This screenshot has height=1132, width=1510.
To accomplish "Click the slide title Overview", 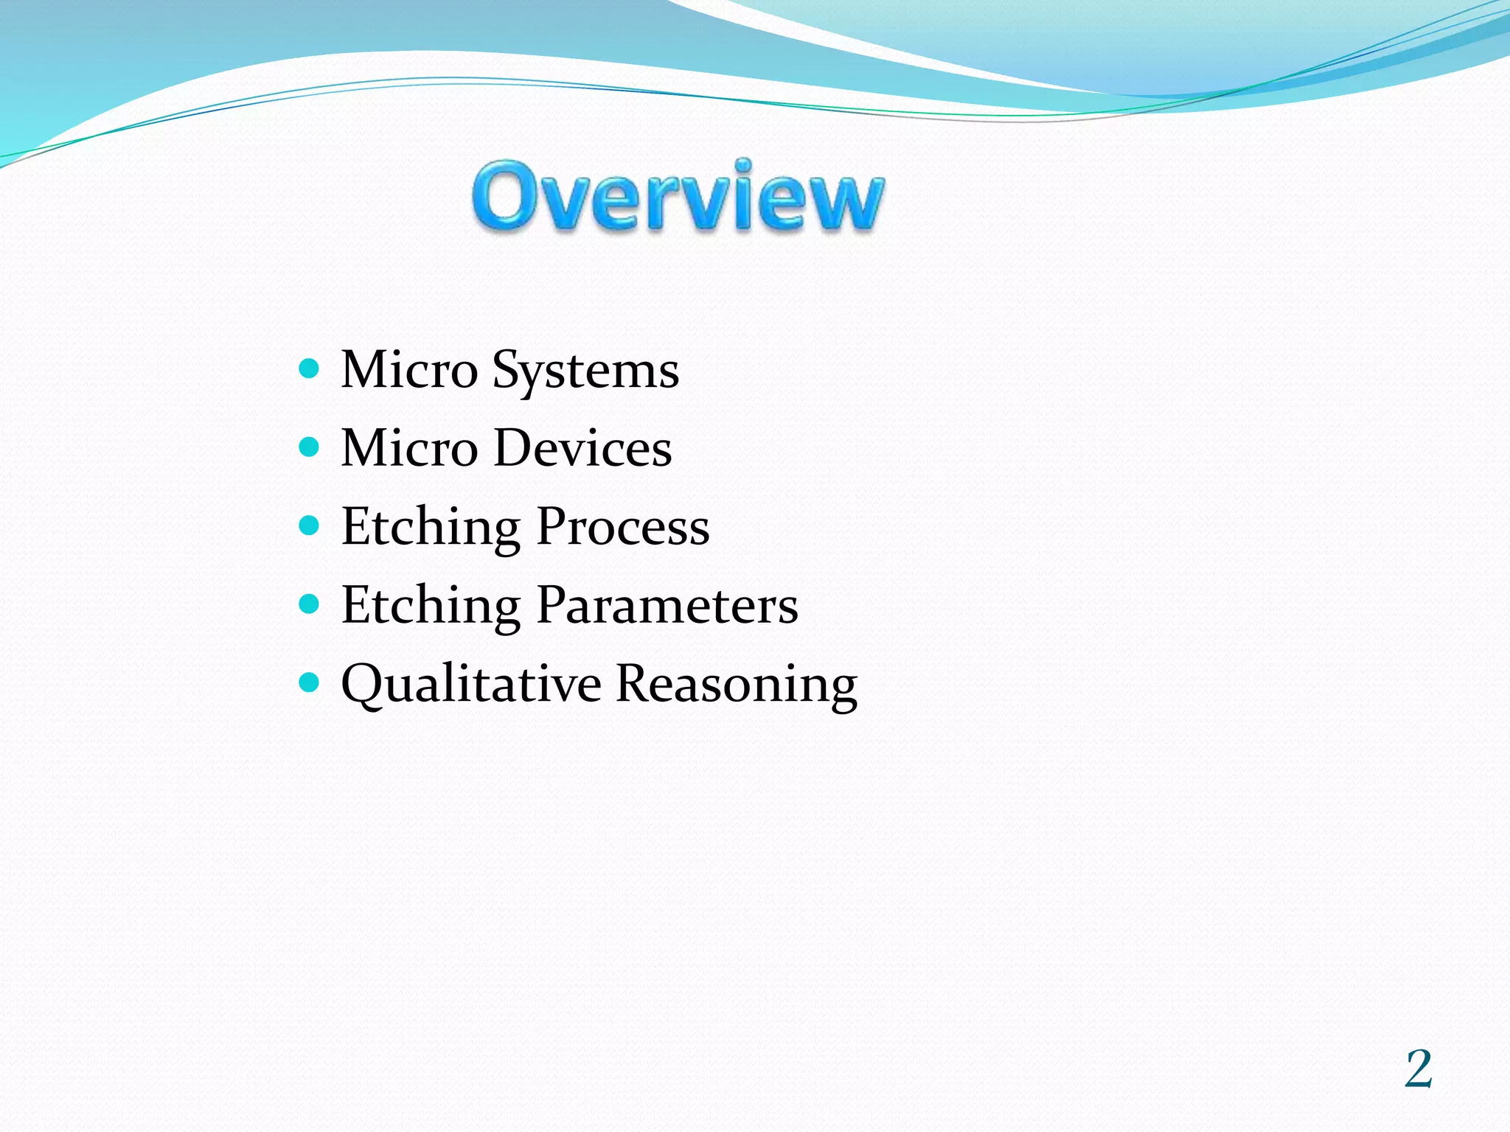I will [678, 198].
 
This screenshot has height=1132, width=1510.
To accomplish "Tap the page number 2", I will [1418, 1069].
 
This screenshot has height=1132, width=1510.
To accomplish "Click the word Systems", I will [585, 370].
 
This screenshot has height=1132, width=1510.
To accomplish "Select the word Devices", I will [582, 448].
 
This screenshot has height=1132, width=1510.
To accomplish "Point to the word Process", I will [623, 527].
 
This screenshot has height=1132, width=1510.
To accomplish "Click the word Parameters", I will [667, 605].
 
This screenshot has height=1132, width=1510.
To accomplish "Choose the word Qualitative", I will [471, 684].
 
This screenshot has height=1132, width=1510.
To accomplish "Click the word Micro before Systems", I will [409, 370].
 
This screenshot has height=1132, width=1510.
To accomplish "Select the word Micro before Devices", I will [409, 448].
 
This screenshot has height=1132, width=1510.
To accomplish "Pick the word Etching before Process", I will [431, 528].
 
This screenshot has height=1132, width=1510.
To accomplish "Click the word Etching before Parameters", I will [431, 607].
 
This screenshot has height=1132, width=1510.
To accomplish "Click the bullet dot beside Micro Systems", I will [310, 368].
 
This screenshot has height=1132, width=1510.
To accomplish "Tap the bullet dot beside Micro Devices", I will [310, 447].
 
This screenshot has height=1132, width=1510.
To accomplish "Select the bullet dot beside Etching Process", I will [310, 525].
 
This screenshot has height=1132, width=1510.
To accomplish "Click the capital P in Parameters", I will [554, 605].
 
